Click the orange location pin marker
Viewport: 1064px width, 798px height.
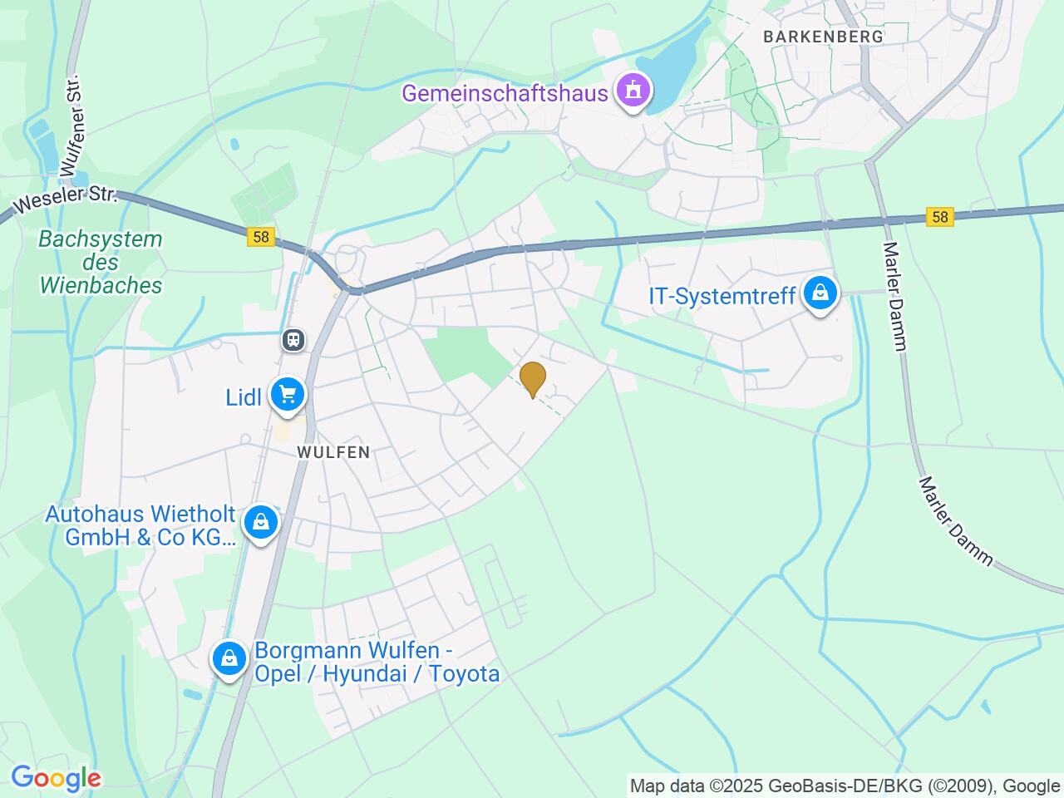pyautogui.click(x=532, y=379)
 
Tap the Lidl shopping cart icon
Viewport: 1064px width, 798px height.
pyautogui.click(x=288, y=394)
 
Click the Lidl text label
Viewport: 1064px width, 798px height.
pyautogui.click(x=244, y=397)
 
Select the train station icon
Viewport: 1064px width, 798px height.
pyautogui.click(x=293, y=339)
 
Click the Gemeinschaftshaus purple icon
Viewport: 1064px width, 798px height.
pyautogui.click(x=633, y=89)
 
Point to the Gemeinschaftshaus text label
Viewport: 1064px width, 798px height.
pyautogui.click(x=505, y=92)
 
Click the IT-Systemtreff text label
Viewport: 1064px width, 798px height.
pyautogui.click(x=722, y=296)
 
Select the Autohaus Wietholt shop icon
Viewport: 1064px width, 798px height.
pyautogui.click(x=261, y=523)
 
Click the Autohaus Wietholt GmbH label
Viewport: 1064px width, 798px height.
pyautogui.click(x=140, y=526)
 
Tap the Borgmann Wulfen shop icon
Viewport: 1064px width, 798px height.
pyautogui.click(x=229, y=659)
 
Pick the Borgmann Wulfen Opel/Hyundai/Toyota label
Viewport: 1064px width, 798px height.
pyautogui.click(x=377, y=662)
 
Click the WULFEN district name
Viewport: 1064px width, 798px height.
pyautogui.click(x=332, y=452)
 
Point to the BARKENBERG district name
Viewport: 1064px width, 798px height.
pyautogui.click(x=823, y=37)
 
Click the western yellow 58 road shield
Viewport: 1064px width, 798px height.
pyautogui.click(x=261, y=237)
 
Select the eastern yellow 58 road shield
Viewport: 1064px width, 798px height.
pyautogui.click(x=939, y=217)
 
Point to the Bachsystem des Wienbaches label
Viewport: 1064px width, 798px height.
pyautogui.click(x=101, y=262)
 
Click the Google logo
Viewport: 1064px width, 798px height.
pyautogui.click(x=56, y=779)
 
